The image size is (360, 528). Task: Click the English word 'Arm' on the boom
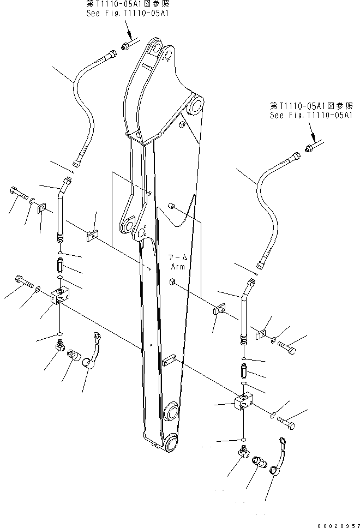coord(178,267)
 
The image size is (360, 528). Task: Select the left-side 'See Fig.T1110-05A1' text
coord(127,12)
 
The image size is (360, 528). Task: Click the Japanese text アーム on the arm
coord(177,257)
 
